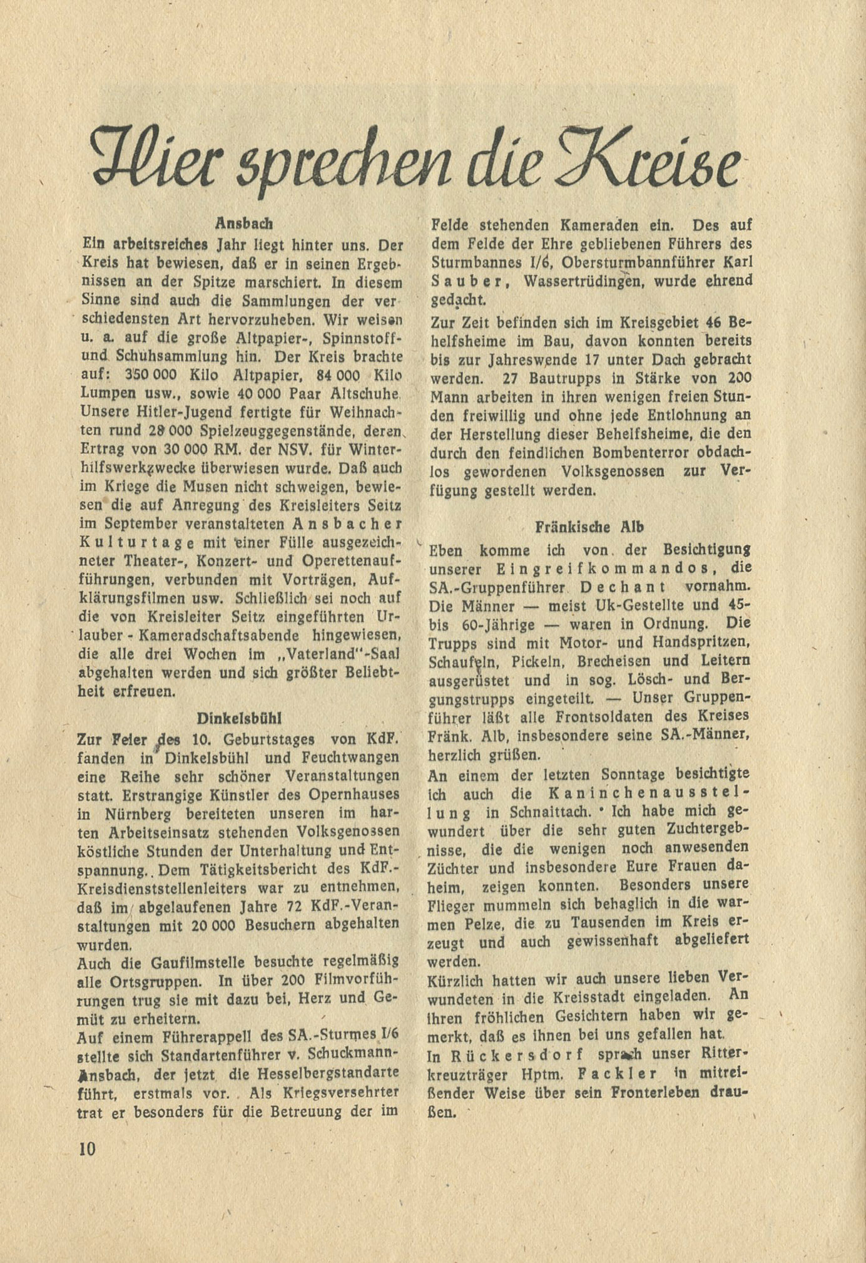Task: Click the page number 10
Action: (x=86, y=1148)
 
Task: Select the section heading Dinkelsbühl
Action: (x=235, y=718)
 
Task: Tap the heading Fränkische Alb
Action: (x=589, y=527)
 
